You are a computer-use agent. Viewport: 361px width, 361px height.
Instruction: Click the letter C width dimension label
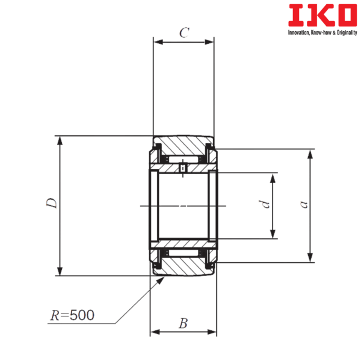click(184, 33)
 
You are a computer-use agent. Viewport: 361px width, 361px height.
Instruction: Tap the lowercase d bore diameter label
click(262, 205)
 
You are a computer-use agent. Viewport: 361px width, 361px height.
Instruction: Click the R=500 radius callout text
click(73, 315)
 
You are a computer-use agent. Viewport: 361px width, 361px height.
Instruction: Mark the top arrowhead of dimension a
click(310, 153)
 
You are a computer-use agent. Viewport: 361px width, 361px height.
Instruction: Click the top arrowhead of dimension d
click(273, 178)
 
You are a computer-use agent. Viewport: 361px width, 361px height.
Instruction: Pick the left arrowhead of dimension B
click(154, 331)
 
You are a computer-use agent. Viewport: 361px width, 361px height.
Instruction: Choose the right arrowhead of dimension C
click(210, 42)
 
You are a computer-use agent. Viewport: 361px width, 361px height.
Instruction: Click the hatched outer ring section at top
click(184, 145)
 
